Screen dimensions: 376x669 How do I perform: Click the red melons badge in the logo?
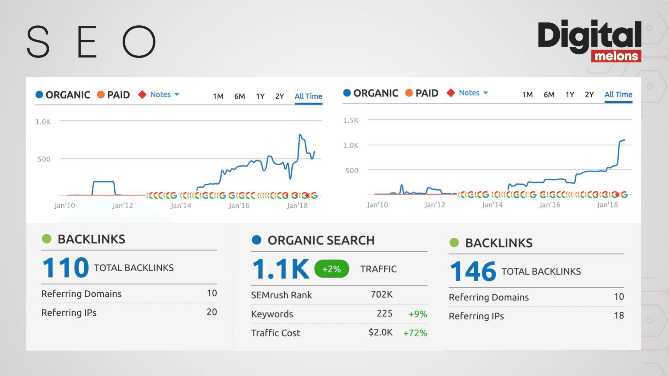(x=616, y=56)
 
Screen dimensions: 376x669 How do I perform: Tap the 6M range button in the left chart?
(x=239, y=96)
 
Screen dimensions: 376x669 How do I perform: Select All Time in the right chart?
(x=618, y=95)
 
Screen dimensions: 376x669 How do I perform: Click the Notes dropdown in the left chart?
(x=164, y=95)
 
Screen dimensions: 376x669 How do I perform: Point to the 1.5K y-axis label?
(x=351, y=120)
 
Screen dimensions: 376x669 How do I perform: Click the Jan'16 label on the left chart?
(x=239, y=206)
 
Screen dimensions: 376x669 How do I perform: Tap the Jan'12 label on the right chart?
(x=435, y=205)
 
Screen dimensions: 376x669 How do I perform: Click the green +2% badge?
(x=331, y=269)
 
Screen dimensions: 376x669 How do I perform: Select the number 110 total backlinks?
(x=66, y=268)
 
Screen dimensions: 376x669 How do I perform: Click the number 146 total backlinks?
(x=473, y=272)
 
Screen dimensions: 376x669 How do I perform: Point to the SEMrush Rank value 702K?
(x=382, y=295)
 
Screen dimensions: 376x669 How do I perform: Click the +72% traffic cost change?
(x=415, y=333)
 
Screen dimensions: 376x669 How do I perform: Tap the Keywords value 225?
(x=384, y=314)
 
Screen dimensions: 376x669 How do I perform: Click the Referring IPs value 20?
(x=212, y=312)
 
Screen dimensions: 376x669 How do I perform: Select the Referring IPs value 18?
(x=618, y=316)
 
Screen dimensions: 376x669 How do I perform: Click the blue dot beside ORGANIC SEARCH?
(x=256, y=240)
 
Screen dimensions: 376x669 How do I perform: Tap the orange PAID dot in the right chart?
(x=409, y=93)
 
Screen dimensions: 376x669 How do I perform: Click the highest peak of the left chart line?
(x=300, y=134)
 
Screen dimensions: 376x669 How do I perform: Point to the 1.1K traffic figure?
(x=280, y=269)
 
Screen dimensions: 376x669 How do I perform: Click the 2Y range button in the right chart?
(x=589, y=95)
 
